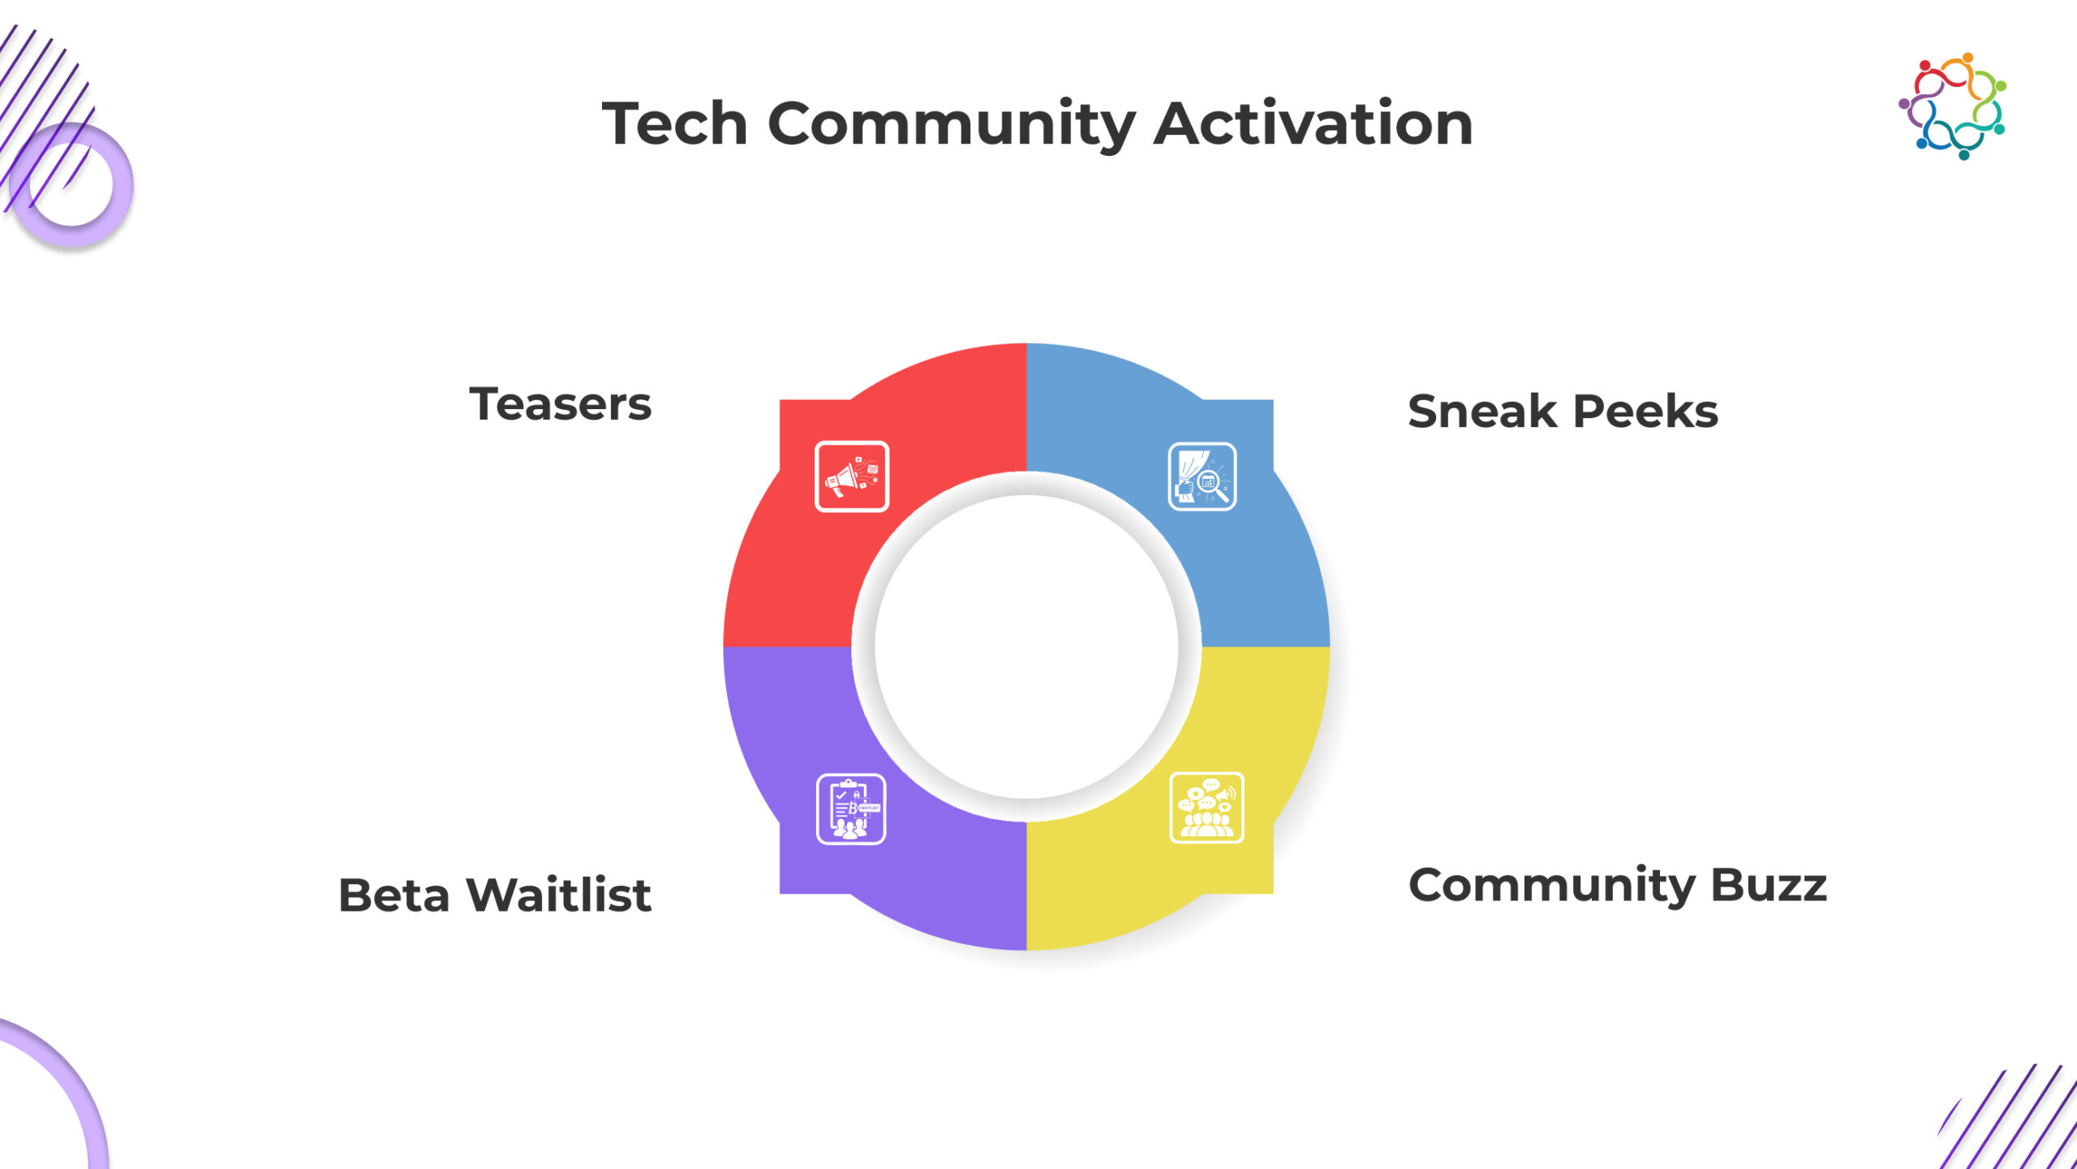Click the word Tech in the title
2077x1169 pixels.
click(674, 123)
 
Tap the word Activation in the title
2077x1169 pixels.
click(1314, 123)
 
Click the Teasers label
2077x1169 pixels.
click(561, 404)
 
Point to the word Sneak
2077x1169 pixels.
click(1482, 411)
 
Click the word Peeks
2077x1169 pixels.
click(1646, 411)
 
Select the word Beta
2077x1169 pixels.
click(394, 895)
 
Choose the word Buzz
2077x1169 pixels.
click(1769, 885)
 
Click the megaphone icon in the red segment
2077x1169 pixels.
click(852, 477)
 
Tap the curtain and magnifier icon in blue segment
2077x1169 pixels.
click(1202, 477)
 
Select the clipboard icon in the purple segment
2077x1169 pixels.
click(851, 809)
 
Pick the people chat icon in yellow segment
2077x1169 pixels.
click(1206, 808)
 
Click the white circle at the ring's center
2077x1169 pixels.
click(1026, 647)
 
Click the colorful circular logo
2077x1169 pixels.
click(1952, 106)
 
